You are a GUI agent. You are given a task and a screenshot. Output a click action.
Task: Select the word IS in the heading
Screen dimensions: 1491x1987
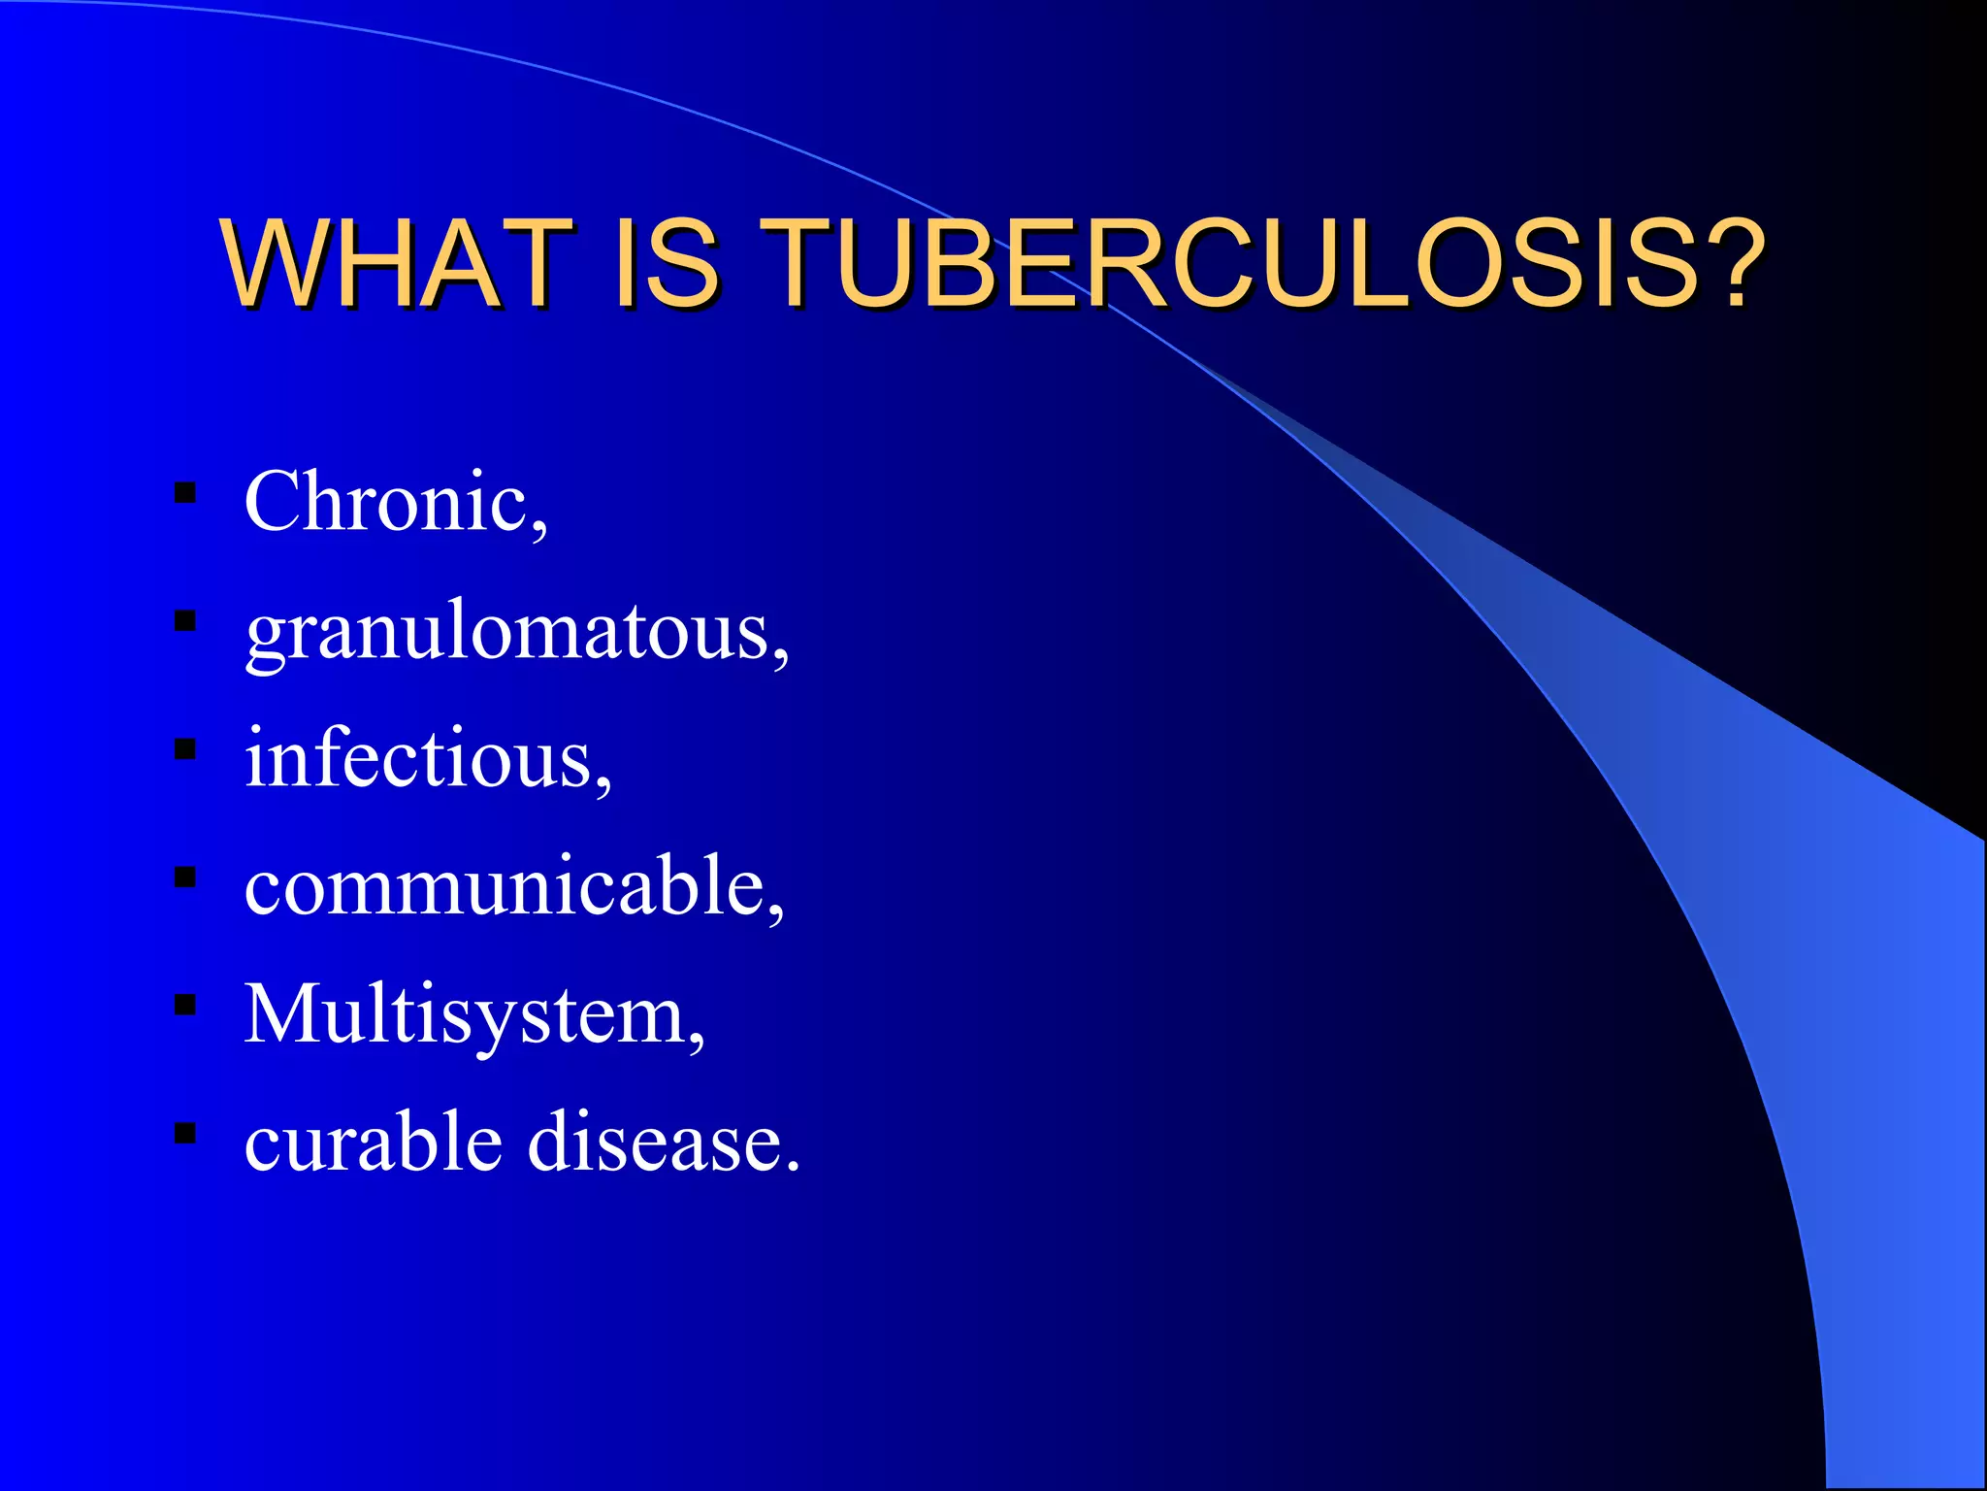(x=666, y=263)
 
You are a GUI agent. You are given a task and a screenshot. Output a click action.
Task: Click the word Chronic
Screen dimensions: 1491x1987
(x=385, y=502)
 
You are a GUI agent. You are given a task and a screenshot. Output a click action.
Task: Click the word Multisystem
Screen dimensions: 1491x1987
(x=465, y=1015)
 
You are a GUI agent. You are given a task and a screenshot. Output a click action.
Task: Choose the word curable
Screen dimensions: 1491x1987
(x=374, y=1142)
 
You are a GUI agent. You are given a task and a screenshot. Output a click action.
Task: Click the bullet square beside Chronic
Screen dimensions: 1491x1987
(x=185, y=493)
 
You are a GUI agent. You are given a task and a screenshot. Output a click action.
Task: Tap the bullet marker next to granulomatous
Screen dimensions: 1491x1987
(x=185, y=621)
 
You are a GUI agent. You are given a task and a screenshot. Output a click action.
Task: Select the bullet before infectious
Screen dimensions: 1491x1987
(x=185, y=749)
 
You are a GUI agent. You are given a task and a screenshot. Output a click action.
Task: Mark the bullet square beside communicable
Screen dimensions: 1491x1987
(x=185, y=878)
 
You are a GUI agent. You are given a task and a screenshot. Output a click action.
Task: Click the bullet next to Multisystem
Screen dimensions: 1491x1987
(x=185, y=1005)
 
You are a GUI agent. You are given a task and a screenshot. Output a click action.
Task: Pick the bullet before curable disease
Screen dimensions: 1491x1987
(x=185, y=1133)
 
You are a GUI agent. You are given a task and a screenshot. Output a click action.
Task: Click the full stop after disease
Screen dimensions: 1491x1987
(x=794, y=1167)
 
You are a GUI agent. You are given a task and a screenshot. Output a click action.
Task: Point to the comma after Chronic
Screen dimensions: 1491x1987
(x=539, y=530)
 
